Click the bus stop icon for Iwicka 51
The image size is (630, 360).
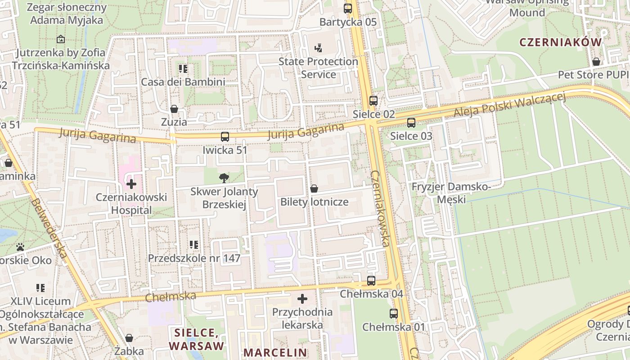(x=225, y=137)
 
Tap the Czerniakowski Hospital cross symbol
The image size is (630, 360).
(x=131, y=184)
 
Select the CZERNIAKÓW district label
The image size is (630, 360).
(x=560, y=42)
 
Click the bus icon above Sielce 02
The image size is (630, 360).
(x=373, y=101)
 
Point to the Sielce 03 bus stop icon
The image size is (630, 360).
(x=411, y=122)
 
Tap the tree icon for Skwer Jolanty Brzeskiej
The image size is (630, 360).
(x=224, y=178)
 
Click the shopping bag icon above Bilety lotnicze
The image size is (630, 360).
(x=314, y=189)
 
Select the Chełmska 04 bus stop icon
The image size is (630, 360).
(x=371, y=281)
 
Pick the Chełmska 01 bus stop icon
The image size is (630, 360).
(x=393, y=314)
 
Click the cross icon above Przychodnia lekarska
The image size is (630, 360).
(x=302, y=299)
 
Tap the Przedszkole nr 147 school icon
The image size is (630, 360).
(x=194, y=245)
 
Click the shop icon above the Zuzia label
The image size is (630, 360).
(x=174, y=109)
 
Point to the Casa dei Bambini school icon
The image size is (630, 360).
(x=183, y=69)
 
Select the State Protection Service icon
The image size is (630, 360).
(x=318, y=48)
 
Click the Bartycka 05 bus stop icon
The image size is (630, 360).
(x=348, y=8)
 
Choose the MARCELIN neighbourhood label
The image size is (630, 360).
(x=275, y=352)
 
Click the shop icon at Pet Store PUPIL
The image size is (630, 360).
(x=596, y=62)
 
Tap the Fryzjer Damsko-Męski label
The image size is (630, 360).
(x=451, y=193)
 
